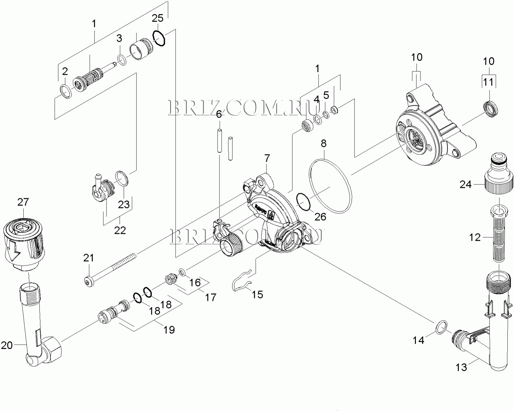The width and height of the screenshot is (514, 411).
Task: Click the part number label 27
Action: click(23, 202)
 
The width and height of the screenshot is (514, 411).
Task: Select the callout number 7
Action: click(267, 158)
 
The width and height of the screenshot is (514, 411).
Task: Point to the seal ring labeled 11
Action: click(491, 109)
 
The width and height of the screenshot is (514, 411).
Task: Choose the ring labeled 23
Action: click(122, 178)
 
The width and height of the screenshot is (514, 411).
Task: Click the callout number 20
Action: click(7, 345)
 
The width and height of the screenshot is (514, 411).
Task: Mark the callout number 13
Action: click(461, 367)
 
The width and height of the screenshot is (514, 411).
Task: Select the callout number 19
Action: click(169, 329)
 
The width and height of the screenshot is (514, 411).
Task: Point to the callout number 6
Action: click(219, 114)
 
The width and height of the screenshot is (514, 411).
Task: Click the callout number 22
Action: click(120, 230)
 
